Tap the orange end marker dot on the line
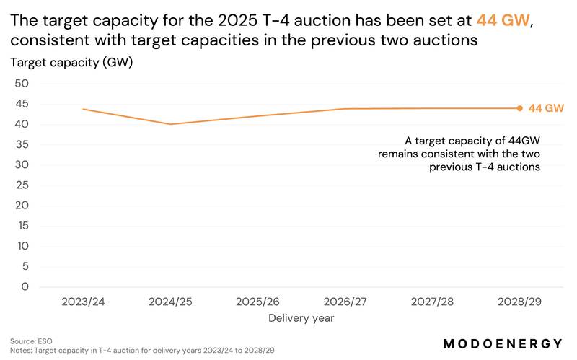[x=520, y=108]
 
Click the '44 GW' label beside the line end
[x=546, y=108]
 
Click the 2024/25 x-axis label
[x=171, y=300]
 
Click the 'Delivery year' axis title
[x=301, y=317]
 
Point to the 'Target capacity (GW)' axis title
[x=71, y=62]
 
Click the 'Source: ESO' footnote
[x=31, y=341]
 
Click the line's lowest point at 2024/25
[x=171, y=124]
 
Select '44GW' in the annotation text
[x=523, y=141]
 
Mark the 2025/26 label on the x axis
[x=257, y=300]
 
